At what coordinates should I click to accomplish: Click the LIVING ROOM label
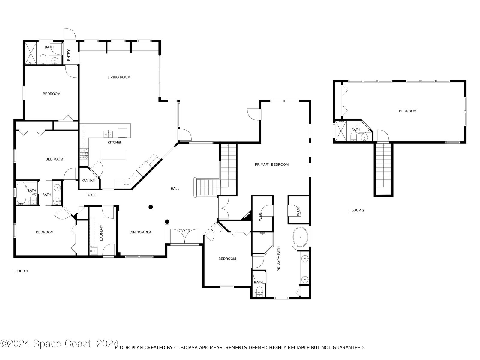click(x=119, y=77)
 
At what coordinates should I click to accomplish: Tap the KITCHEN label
click(x=115, y=142)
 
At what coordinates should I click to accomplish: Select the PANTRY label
click(x=88, y=180)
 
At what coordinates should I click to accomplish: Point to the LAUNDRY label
click(x=101, y=232)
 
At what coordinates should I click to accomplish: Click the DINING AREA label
click(x=141, y=232)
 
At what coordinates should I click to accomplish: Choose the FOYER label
click(x=184, y=231)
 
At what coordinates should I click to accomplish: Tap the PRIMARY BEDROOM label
click(x=272, y=164)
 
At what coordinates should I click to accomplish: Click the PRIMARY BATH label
click(x=279, y=259)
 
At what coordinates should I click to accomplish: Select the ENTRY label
click(x=69, y=55)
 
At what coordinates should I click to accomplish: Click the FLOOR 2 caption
click(x=357, y=210)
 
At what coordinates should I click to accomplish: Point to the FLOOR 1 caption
click(x=21, y=271)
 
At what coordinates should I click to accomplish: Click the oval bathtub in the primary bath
click(x=301, y=237)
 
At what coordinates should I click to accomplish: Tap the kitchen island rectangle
click(x=113, y=155)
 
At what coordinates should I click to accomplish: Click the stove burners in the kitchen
click(x=84, y=154)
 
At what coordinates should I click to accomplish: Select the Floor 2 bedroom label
click(x=408, y=111)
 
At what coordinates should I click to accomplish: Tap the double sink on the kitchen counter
click(x=108, y=134)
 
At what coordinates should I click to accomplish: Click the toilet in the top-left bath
click(x=43, y=59)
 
